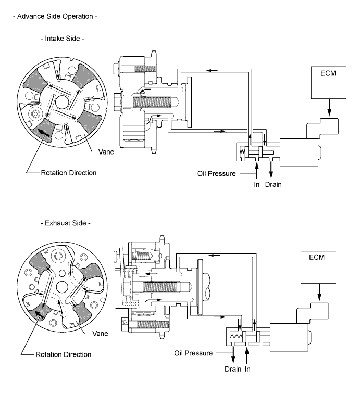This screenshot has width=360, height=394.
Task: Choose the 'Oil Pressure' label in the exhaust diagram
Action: (193, 353)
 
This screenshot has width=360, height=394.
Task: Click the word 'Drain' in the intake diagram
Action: (273, 184)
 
